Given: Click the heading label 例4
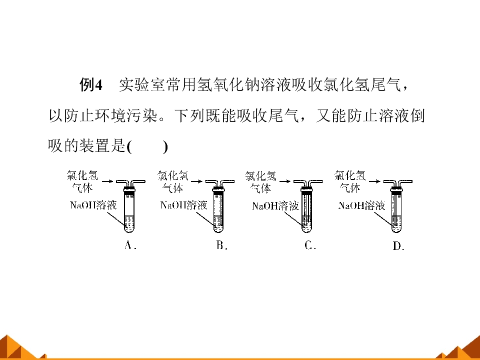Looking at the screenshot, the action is coord(90,84).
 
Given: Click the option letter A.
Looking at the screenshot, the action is coord(130,245).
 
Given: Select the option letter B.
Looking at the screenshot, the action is coord(221,245).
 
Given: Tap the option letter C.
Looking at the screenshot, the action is coord(310,245).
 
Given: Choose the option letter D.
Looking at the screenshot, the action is coord(398,245).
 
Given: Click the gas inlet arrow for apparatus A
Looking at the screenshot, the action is coord(107,181).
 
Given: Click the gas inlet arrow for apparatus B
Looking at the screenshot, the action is coord(196,181).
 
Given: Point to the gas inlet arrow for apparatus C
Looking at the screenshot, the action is coord(284,181).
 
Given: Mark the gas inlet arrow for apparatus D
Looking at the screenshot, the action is coord(374,181).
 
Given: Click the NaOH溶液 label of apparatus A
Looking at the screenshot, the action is coord(93,204).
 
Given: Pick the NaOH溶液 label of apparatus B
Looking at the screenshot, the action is coord(184,204).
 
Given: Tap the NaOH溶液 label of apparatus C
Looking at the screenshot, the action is coord(275,205).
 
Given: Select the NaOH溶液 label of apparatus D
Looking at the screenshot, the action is coord(361,205).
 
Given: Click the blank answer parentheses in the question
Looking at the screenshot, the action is coord(147,146).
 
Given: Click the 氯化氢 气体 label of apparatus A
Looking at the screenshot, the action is coord(82,181).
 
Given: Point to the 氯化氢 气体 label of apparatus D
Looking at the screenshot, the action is coord(350,181).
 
